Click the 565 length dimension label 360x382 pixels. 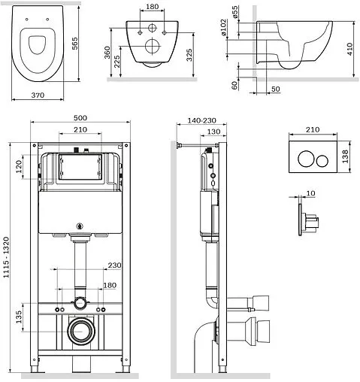[74, 44]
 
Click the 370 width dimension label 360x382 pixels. [38, 95]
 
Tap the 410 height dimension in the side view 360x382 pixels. [349, 49]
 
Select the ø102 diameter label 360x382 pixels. [223, 27]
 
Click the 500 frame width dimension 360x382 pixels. [80, 118]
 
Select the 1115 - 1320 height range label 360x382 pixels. [6, 257]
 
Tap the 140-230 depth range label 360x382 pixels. [201, 121]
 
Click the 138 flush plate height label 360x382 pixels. [345, 156]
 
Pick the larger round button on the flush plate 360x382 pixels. [306, 159]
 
